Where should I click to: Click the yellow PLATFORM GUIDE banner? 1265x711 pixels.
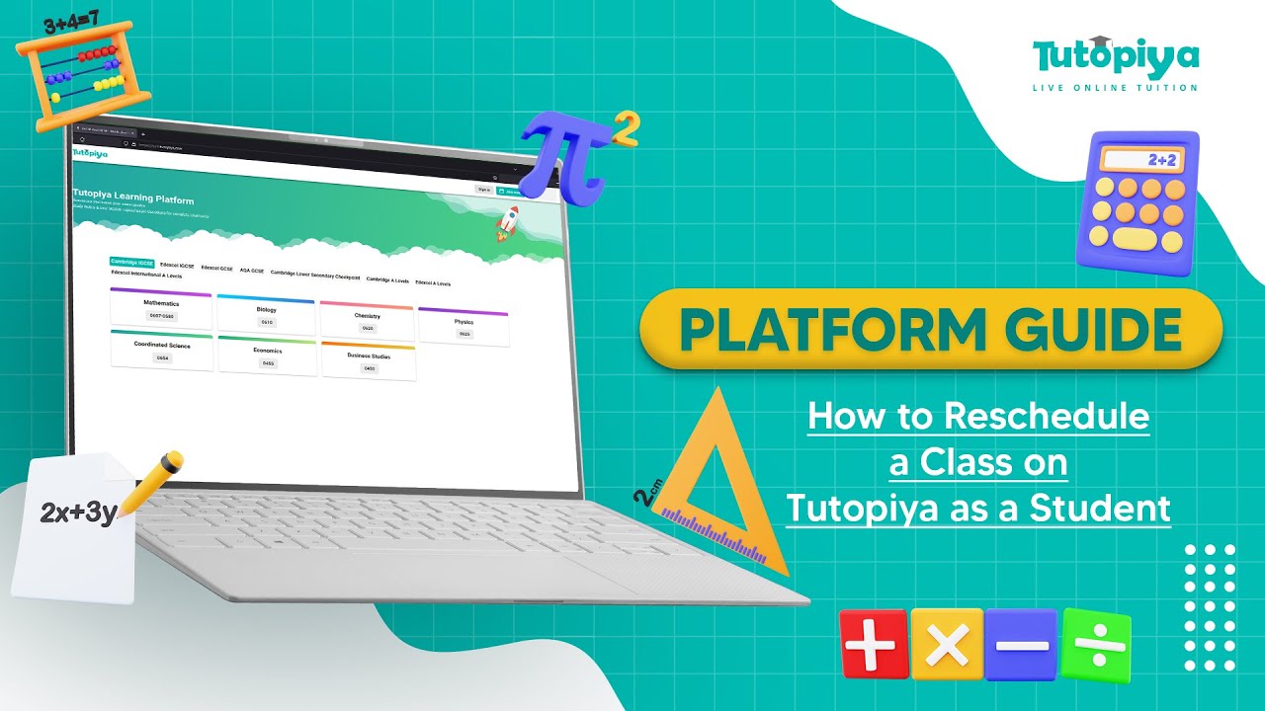click(x=930, y=330)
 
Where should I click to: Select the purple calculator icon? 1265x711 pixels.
click(x=1138, y=202)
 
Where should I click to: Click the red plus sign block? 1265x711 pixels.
click(x=873, y=645)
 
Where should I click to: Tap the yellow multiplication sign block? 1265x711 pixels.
click(x=947, y=645)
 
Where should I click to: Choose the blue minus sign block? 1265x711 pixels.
click(x=1021, y=645)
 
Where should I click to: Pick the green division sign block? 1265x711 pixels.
click(x=1095, y=645)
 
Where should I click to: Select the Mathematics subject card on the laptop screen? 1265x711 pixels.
click(x=161, y=308)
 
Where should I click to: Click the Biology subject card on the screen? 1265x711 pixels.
click(x=266, y=314)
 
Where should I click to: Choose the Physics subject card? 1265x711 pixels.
click(x=464, y=327)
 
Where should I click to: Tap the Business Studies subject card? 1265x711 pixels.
click(x=369, y=361)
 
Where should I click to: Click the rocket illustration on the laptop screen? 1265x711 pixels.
click(x=507, y=224)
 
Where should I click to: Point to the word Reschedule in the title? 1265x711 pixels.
click(x=1047, y=416)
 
